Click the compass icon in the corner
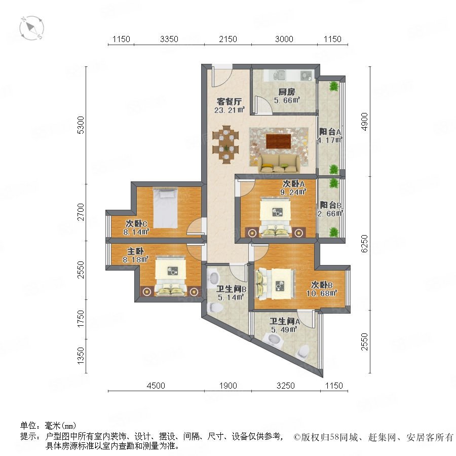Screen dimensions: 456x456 click(31, 28)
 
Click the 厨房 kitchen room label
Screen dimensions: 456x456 click(287, 92)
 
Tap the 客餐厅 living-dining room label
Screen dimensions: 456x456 click(229, 102)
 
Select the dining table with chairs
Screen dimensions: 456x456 click(225, 144)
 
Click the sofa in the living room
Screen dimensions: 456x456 click(279, 164)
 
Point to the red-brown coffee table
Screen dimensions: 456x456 click(278, 141)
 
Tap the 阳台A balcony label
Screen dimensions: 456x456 click(330, 132)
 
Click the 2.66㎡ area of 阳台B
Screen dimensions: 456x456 click(330, 213)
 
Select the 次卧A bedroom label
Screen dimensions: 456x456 click(294, 184)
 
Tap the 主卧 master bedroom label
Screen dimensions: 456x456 click(135, 251)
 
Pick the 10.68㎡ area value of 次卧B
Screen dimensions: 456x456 click(322, 293)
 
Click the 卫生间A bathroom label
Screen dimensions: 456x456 click(284, 321)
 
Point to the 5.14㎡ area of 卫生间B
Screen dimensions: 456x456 click(231, 297)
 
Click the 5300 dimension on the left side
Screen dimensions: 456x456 click(81, 125)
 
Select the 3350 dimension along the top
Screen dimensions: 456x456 click(169, 39)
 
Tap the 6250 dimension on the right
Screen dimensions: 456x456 click(364, 243)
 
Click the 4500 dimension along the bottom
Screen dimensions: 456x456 click(156, 386)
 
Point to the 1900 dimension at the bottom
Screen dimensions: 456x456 click(228, 386)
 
